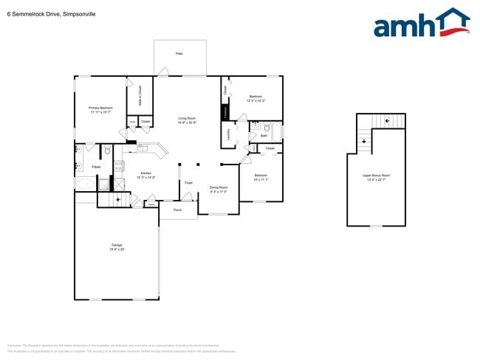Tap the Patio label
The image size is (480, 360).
tap(179, 54)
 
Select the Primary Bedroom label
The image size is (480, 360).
tap(100, 110)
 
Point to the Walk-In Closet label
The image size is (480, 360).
tap(140, 97)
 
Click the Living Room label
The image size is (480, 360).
tap(186, 120)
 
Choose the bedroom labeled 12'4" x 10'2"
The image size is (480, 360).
tap(256, 98)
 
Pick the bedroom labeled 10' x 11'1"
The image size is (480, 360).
tap(261, 177)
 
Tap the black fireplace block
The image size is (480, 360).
tap(224, 112)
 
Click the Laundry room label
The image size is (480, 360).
tap(229, 135)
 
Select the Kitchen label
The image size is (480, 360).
tap(146, 175)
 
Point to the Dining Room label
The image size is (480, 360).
tap(219, 189)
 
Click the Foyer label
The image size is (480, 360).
tap(188, 182)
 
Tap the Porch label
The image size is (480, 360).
tap(178, 210)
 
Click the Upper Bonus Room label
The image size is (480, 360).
tap(376, 176)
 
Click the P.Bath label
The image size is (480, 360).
tap(96, 167)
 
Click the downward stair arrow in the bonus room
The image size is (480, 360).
tap(385, 122)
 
